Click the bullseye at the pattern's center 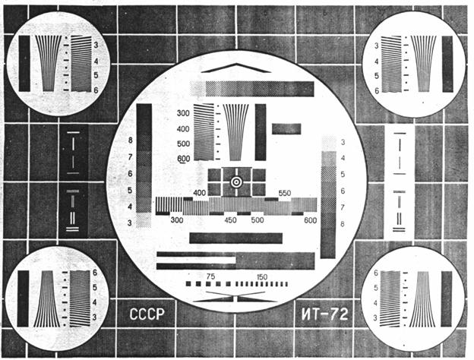click(x=236, y=182)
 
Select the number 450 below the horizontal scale click(x=232, y=220)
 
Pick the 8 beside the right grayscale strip click(x=343, y=224)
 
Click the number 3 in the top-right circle click(x=378, y=46)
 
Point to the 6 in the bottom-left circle click(x=96, y=272)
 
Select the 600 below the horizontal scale click(x=309, y=220)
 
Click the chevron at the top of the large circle click(x=236, y=67)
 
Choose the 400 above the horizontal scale click(x=200, y=194)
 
